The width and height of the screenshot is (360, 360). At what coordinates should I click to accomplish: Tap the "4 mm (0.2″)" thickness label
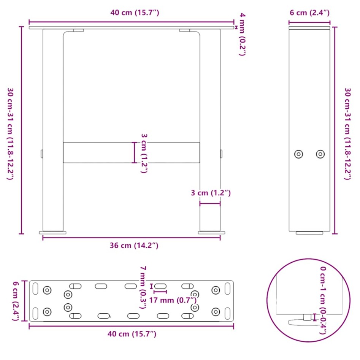click(242, 34)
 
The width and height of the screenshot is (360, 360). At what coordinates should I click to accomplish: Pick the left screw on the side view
click(299, 154)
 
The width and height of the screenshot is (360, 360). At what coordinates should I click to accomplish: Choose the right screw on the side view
click(320, 154)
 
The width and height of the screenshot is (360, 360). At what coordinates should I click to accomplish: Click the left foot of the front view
click(53, 232)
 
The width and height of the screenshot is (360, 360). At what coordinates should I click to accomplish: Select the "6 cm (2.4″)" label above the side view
click(309, 13)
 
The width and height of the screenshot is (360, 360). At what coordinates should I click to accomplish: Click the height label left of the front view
click(11, 129)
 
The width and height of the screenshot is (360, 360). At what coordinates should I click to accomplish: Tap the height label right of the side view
click(347, 129)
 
